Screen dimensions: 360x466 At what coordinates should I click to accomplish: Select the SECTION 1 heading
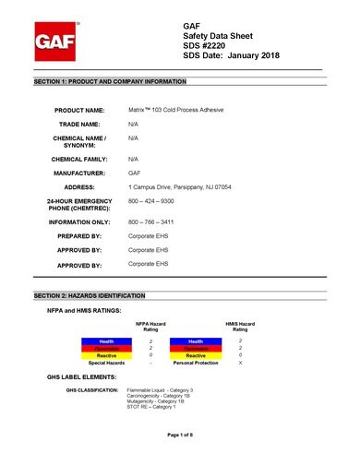112,82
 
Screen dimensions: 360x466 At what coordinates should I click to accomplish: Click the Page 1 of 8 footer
179,434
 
